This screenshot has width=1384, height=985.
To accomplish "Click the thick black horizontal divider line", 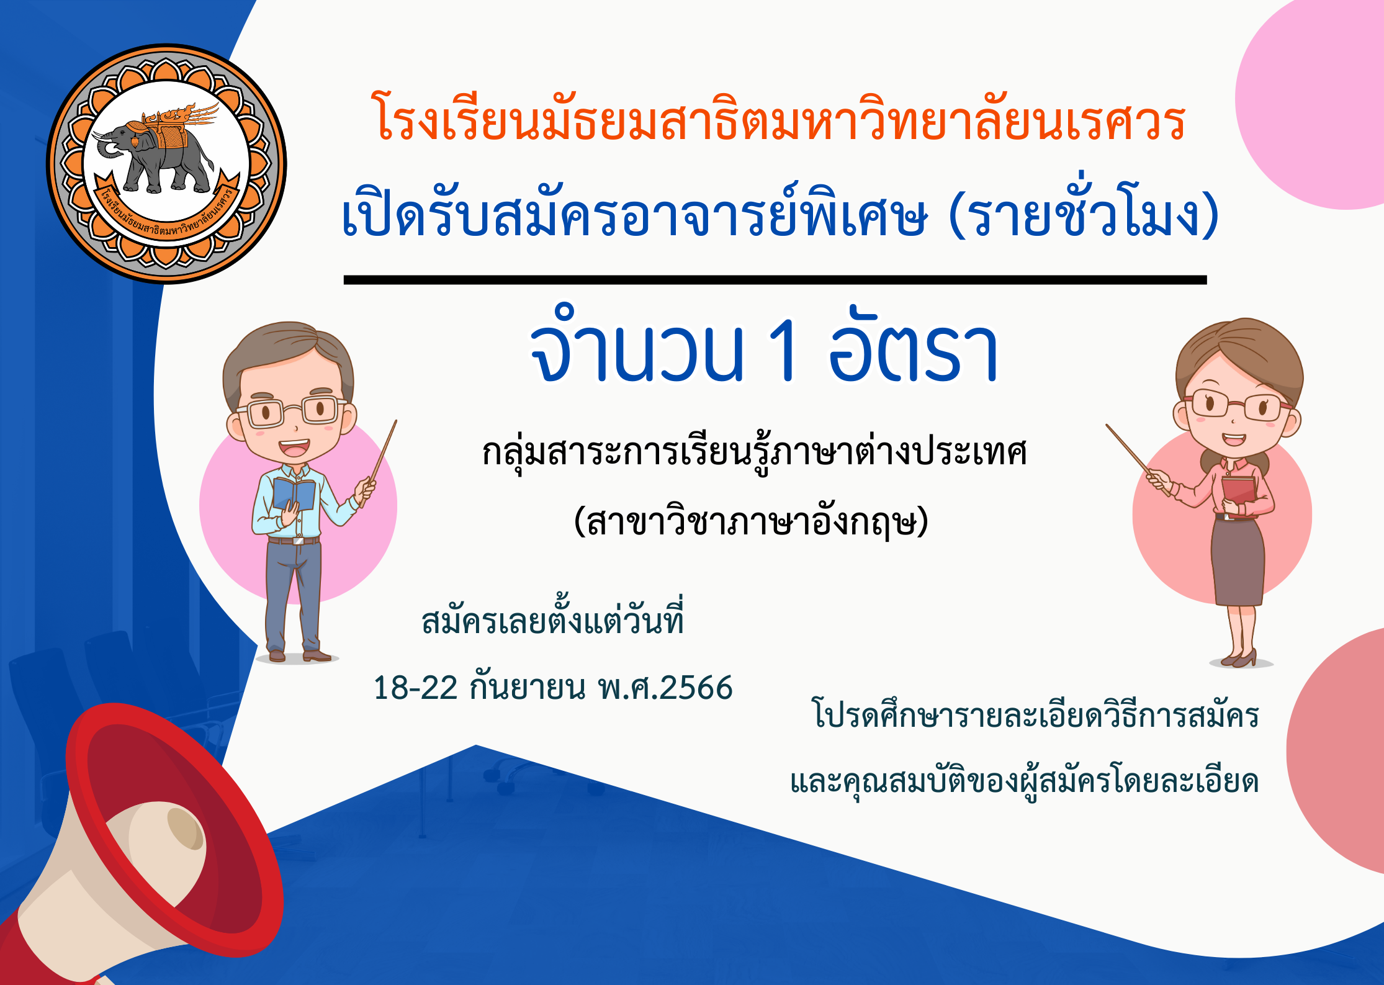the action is tap(775, 280).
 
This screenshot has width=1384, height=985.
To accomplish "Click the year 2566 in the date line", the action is tap(696, 688).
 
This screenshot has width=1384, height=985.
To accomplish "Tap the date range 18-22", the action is tap(415, 688).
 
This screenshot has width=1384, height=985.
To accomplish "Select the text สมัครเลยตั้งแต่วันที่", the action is tap(552, 618).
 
